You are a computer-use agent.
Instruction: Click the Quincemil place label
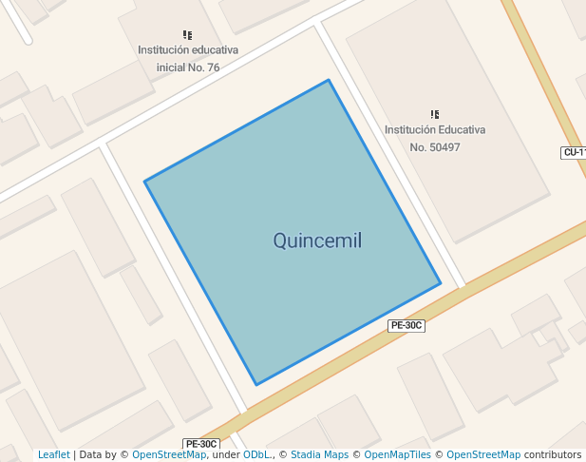pos(317,241)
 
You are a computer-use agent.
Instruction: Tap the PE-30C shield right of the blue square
pos(406,325)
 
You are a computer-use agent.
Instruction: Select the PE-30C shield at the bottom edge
pos(201,444)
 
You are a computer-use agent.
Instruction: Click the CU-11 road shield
pos(575,152)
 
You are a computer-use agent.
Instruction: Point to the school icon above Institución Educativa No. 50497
pos(435,114)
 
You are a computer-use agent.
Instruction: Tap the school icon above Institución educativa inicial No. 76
pos(188,34)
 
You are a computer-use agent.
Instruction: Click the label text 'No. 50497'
pos(435,147)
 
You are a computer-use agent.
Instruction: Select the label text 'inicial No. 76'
pos(188,67)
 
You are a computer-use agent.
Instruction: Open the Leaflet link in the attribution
pos(53,455)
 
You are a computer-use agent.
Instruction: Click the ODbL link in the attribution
pos(256,455)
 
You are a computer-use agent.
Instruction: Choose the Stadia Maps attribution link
pos(319,455)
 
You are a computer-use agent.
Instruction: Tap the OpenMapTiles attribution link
pos(400,455)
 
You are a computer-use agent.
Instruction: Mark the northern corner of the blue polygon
pos(329,80)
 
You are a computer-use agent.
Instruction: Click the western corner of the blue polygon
pos(144,181)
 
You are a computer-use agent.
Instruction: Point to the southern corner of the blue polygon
pos(255,385)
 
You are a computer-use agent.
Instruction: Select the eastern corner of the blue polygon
pos(441,283)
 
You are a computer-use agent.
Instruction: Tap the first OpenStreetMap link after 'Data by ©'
pos(169,455)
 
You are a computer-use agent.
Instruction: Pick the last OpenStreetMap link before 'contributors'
pos(483,455)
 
